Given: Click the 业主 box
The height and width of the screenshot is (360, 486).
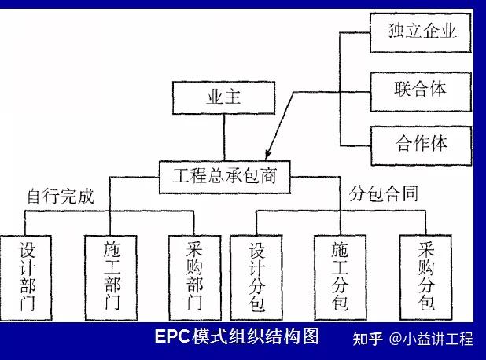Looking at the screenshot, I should tap(223, 99).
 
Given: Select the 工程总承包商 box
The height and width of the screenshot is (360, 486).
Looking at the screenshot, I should tap(223, 174).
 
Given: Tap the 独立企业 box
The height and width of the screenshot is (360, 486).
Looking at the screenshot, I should tap(422, 31).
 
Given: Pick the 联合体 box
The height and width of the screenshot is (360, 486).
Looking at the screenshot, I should tap(422, 88).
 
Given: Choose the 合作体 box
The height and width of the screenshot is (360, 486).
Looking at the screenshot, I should tap(422, 145).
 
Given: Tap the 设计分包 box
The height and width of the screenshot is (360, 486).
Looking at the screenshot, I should tap(257, 276).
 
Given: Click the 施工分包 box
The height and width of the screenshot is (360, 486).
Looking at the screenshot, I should tap(341, 276).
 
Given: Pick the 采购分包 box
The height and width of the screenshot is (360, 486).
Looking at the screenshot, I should tap(427, 276).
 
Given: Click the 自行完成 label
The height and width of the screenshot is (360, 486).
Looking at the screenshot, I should tap(60, 197).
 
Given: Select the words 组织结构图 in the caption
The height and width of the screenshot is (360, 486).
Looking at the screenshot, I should tap(279, 336).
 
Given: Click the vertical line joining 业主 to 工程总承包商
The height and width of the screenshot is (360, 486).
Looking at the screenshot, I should tap(223, 137).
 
